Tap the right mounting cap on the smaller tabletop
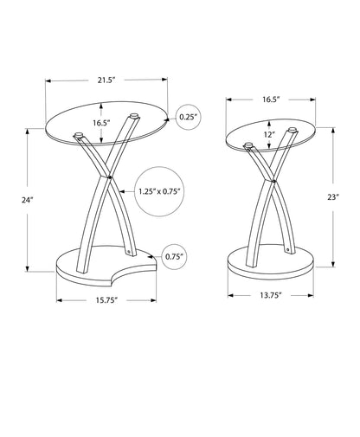pyautogui.click(x=291, y=132)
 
